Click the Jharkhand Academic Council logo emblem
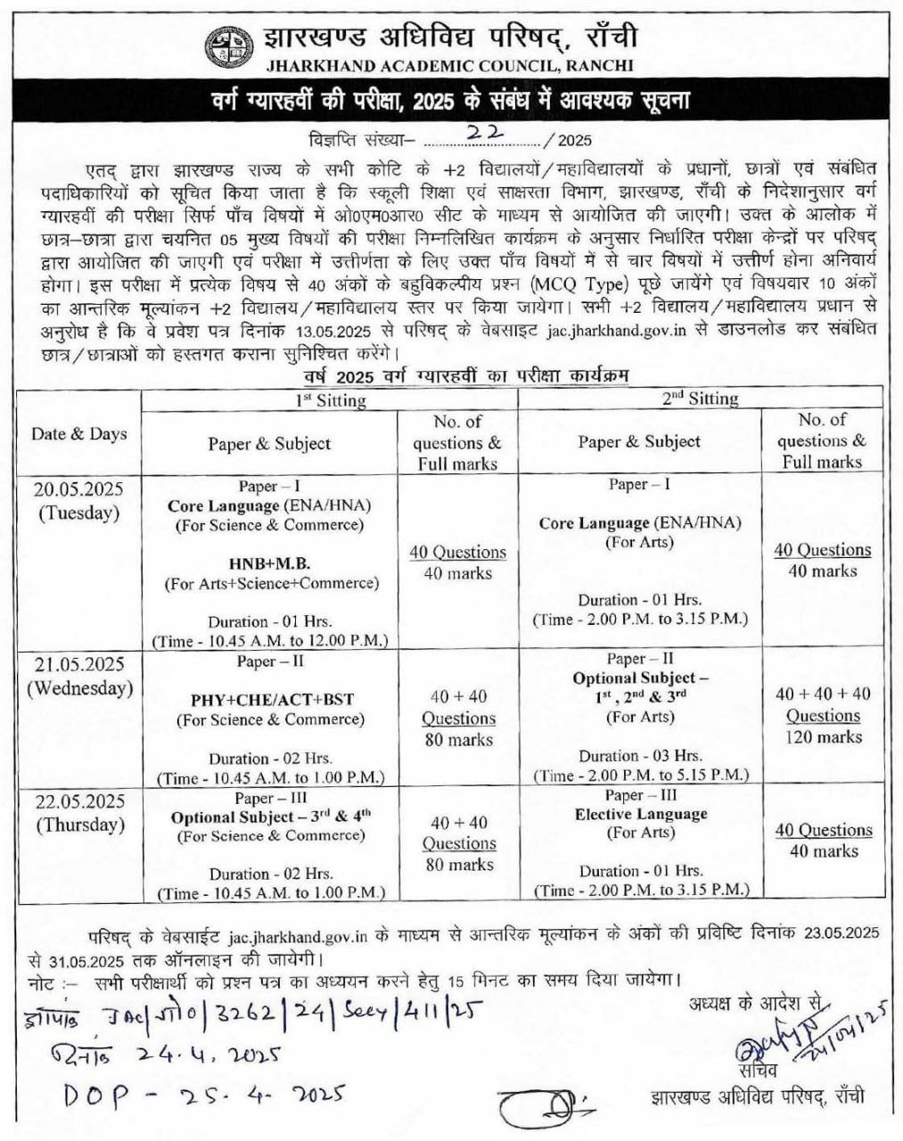coord(227,49)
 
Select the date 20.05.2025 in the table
coord(78,489)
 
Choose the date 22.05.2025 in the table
coord(79,801)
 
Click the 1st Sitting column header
coord(330,400)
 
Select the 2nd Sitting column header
coord(700,398)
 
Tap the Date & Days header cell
coord(79,434)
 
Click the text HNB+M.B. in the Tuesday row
coord(269,563)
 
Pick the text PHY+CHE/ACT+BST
coord(269,700)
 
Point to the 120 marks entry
coord(823,737)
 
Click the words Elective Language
coord(640,814)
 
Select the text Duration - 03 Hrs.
coord(640,756)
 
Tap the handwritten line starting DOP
coord(203,1095)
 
